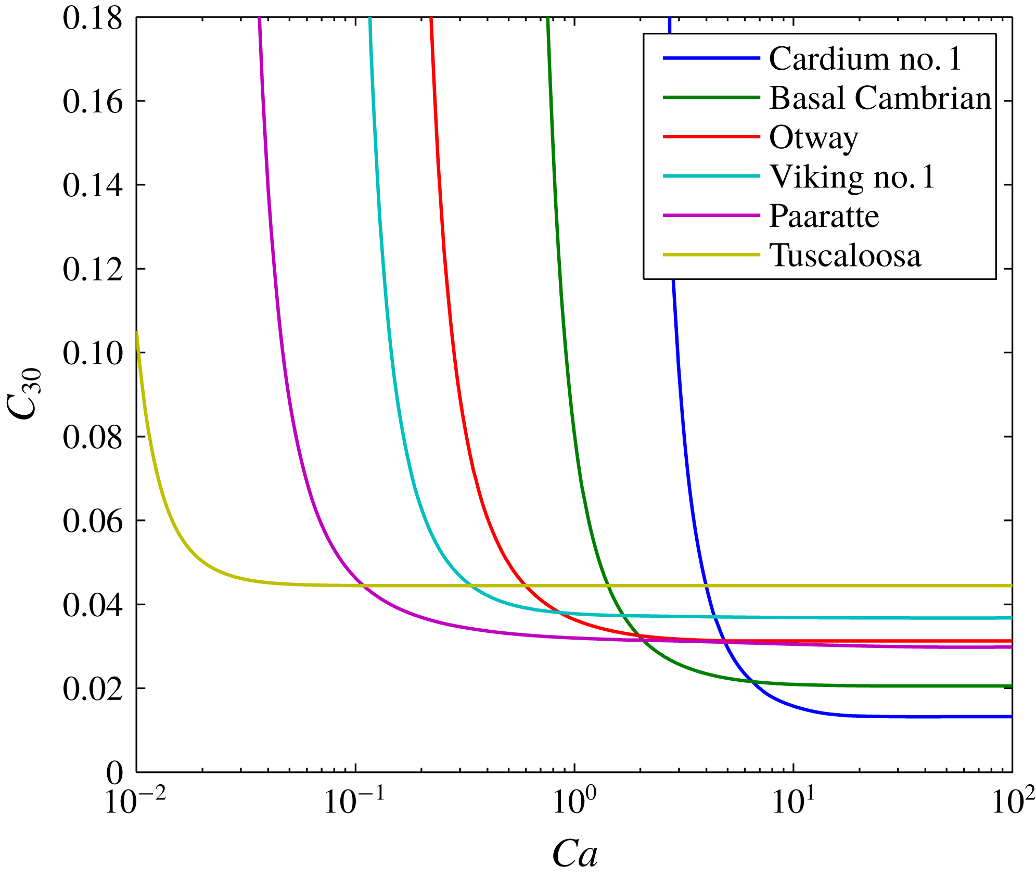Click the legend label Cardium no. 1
click(865, 59)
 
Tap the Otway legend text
click(813, 138)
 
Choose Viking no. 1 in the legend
click(852, 177)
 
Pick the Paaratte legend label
click(824, 216)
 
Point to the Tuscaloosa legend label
click(845, 256)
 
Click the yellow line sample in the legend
click(711, 255)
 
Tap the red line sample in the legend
click(711, 136)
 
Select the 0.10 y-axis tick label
click(93, 353)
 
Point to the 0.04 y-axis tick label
click(93, 605)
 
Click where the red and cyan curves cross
click(560, 612)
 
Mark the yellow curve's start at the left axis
click(137, 332)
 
